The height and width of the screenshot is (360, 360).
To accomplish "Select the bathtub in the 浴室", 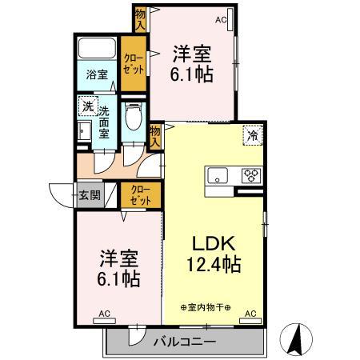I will pyautogui.click(x=98, y=47).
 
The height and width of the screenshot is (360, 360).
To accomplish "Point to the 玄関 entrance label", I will pyautogui.click(x=88, y=194).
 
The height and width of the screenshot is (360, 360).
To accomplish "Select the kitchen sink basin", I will pyautogui.click(x=218, y=175).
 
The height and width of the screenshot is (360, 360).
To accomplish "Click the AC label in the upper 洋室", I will pyautogui.click(x=221, y=19).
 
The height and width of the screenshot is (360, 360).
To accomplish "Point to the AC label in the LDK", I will pyautogui.click(x=250, y=314).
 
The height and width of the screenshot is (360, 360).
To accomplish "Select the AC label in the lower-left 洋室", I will pyautogui.click(x=104, y=313).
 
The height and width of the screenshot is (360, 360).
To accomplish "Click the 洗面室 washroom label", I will pyautogui.click(x=104, y=122).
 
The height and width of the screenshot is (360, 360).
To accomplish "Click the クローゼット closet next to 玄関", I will pyautogui.click(x=140, y=195).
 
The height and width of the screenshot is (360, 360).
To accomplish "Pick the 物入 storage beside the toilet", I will pyautogui.click(x=155, y=136).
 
